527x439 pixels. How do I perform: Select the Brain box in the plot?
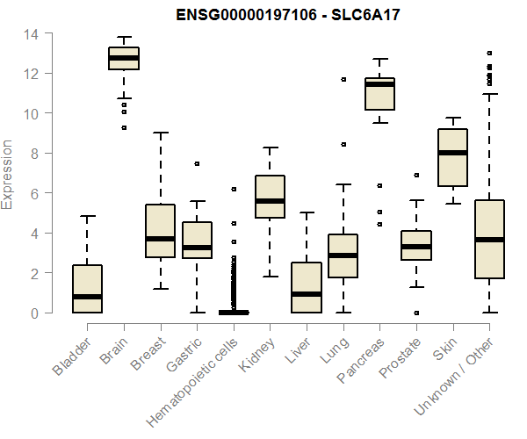[124, 58]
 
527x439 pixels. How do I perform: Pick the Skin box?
[452, 158]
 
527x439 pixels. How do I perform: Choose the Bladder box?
[87, 289]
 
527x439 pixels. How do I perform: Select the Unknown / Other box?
[489, 239]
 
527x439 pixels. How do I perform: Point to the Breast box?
[160, 230]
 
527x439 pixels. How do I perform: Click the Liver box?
[307, 287]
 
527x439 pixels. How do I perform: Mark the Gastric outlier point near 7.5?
[197, 163]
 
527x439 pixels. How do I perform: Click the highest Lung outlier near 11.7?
[343, 80]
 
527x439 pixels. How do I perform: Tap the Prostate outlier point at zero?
[416, 313]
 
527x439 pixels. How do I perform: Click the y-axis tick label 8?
[33, 154]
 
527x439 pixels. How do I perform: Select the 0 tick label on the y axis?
[33, 313]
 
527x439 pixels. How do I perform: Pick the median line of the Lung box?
[343, 255]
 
